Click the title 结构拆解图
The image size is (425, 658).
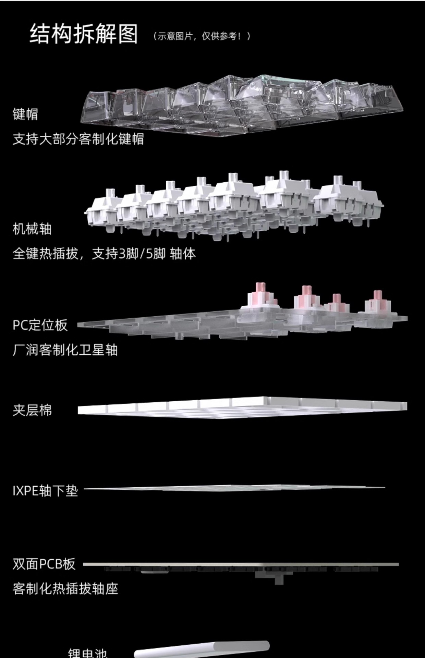click(84, 34)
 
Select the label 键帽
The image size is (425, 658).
click(25, 114)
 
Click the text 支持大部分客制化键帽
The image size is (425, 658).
click(78, 139)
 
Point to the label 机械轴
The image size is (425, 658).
click(32, 229)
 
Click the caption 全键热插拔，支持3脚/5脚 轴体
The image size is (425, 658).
click(104, 254)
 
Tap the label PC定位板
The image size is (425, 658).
click(40, 325)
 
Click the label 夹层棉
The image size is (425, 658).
click(32, 410)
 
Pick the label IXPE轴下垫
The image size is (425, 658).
click(45, 491)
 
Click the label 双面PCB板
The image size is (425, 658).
click(44, 564)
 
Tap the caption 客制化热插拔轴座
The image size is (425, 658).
click(65, 589)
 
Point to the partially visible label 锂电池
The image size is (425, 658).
click(87, 653)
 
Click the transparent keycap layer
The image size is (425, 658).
click(240, 103)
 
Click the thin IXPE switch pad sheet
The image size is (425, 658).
click(233, 488)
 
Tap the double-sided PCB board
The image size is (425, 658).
click(240, 564)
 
